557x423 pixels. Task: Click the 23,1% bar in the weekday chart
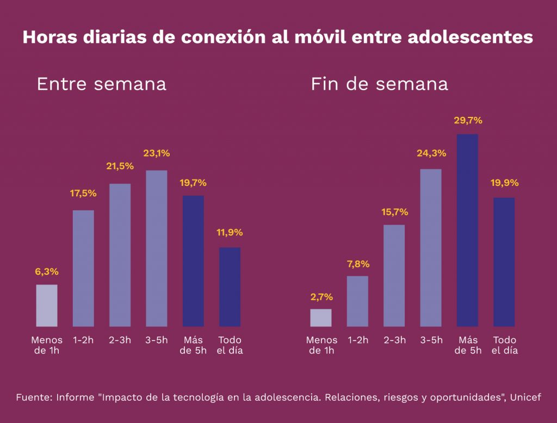pyautogui.click(x=157, y=248)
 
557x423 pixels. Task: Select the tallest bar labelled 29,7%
pyautogui.click(x=467, y=230)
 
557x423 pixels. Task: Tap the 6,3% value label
pyautogui.click(x=47, y=271)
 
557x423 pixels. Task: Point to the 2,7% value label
pyautogui.click(x=321, y=297)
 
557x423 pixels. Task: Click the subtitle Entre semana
pyautogui.click(x=101, y=84)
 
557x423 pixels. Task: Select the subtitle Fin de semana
pyautogui.click(x=379, y=84)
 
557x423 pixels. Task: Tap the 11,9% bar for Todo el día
pyautogui.click(x=230, y=287)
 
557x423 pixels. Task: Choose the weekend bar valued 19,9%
pyautogui.click(x=504, y=262)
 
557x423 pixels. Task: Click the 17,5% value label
pyautogui.click(x=83, y=193)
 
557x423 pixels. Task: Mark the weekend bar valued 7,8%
pyautogui.click(x=357, y=301)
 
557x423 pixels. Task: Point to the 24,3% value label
pyautogui.click(x=431, y=153)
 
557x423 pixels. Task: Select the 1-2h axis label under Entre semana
pyautogui.click(x=83, y=340)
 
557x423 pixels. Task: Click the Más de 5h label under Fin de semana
pyautogui.click(x=468, y=345)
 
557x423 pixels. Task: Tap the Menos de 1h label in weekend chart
pyautogui.click(x=321, y=345)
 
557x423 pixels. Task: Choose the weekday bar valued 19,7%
pyautogui.click(x=193, y=261)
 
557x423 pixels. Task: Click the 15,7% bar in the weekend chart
pyautogui.click(x=394, y=275)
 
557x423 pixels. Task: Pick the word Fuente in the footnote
pyautogui.click(x=34, y=397)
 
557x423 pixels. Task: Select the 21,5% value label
pyautogui.click(x=120, y=166)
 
